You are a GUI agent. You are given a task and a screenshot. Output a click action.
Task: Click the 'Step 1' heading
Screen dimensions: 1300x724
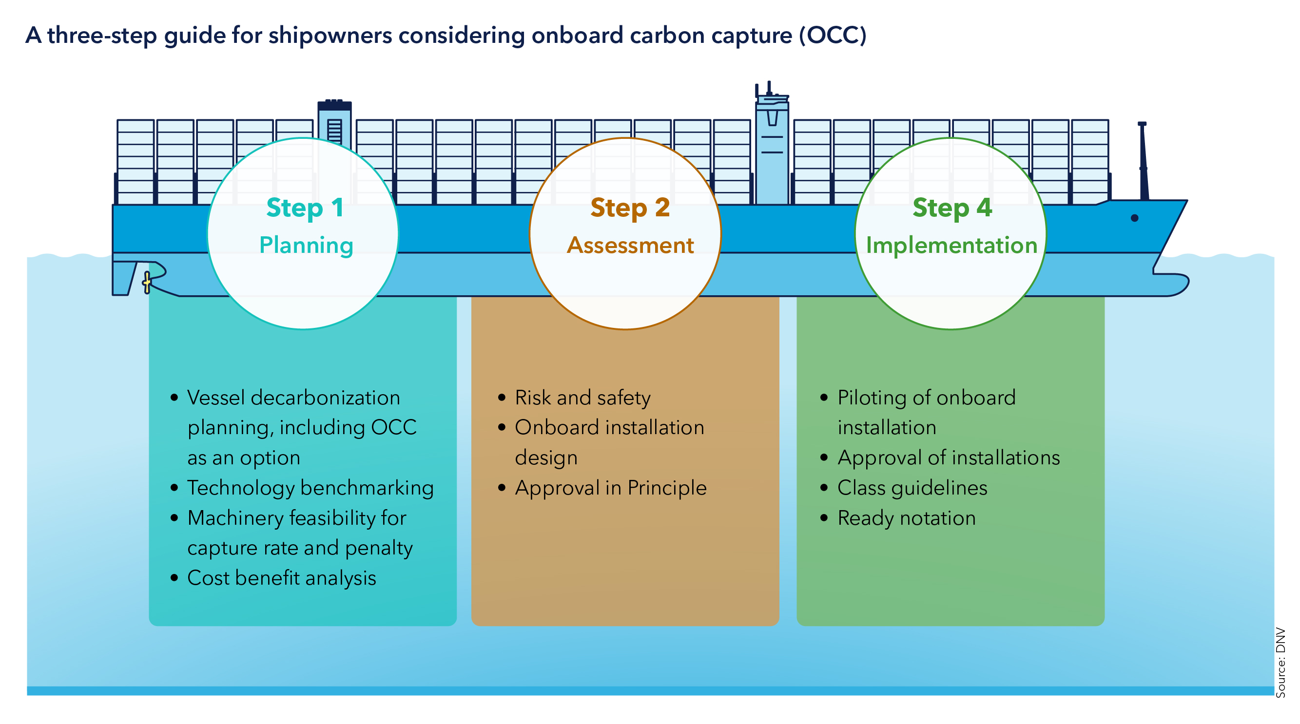click(x=305, y=209)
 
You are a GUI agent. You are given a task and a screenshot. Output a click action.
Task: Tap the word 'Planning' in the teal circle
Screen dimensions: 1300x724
click(x=306, y=246)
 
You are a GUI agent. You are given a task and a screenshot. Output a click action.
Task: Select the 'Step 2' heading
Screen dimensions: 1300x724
click(x=630, y=209)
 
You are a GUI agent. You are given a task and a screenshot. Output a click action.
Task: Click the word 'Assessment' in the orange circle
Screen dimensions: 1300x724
click(x=630, y=245)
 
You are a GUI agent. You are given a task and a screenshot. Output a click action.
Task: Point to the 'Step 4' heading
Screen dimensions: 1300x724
click(x=952, y=208)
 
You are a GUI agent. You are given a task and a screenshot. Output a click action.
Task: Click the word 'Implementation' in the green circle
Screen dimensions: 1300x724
click(x=952, y=246)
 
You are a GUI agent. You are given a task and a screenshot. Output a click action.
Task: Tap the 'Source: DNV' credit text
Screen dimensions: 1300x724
click(x=1281, y=663)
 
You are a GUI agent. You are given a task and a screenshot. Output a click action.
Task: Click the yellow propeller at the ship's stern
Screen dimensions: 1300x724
click(x=147, y=282)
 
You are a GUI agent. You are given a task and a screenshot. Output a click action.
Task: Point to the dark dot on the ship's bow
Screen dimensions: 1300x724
click(x=1134, y=218)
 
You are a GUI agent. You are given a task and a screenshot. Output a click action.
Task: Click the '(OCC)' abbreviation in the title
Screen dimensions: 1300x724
click(x=832, y=35)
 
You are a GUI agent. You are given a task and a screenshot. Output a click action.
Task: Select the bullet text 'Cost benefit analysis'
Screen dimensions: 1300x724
click(x=282, y=578)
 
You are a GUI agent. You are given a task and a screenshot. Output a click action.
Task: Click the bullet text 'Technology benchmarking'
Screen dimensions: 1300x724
click(x=310, y=488)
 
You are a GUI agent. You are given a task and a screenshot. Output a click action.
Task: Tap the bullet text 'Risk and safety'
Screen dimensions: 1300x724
click(x=583, y=398)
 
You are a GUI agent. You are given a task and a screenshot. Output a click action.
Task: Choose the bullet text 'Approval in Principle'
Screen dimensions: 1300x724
click(x=611, y=488)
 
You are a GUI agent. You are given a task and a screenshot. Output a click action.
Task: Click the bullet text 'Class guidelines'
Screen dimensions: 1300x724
click(x=912, y=488)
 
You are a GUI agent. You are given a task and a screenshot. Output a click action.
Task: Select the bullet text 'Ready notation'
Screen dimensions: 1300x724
click(x=907, y=518)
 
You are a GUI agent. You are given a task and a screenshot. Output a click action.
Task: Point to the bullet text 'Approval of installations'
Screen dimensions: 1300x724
click(x=949, y=458)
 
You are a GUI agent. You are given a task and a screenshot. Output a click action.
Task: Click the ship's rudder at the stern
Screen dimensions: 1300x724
click(x=124, y=278)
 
